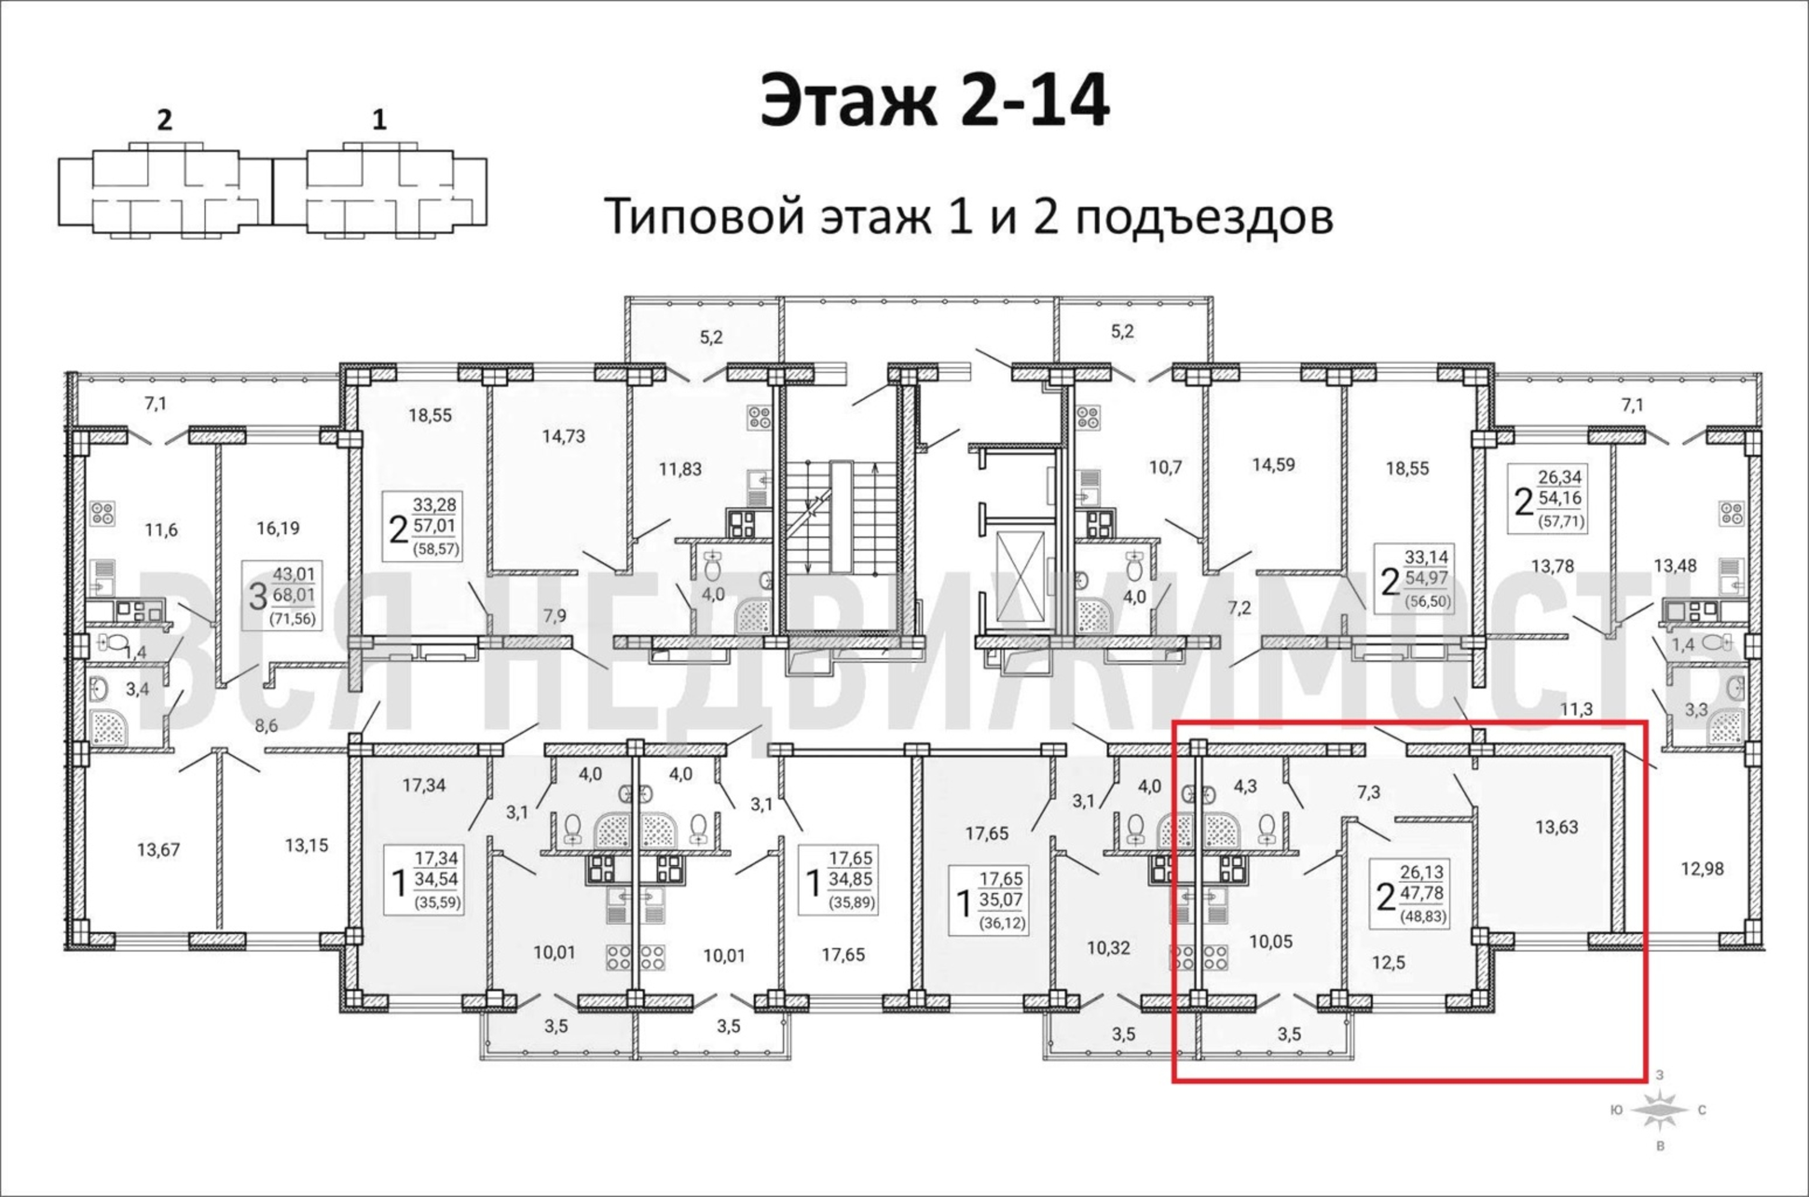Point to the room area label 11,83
pos(680,469)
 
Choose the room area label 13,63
pos(1556,827)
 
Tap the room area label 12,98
pos(1702,869)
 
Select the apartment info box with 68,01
pos(282,596)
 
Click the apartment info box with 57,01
pos(423,527)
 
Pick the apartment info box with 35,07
pos(989,900)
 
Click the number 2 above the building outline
pos(164,121)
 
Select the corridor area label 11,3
pos(1576,709)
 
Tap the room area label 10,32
pos(1108,948)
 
